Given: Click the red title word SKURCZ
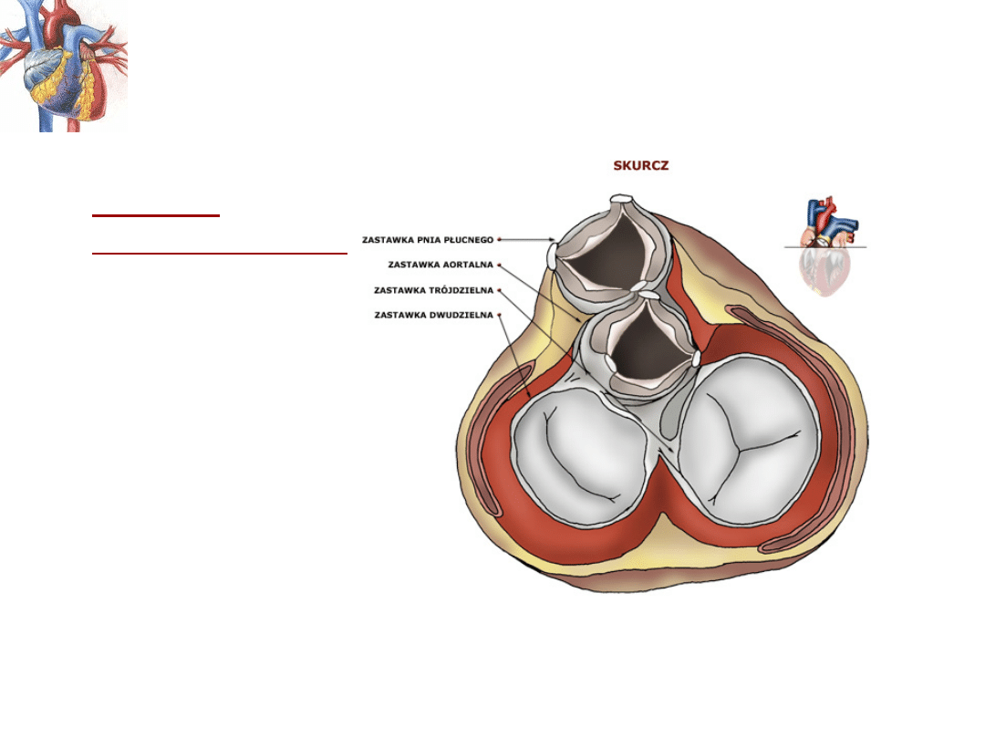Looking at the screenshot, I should point(642,165).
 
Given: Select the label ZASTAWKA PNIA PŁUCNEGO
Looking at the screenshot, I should point(428,240).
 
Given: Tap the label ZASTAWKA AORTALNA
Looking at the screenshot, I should point(441,265).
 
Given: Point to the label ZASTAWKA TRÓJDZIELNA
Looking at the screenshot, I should point(433,290).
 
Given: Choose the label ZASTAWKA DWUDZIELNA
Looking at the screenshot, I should point(433,315).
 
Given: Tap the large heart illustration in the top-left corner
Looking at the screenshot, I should point(62,66).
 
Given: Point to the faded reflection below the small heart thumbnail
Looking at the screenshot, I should point(824,271).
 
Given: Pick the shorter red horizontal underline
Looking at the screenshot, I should point(156,215).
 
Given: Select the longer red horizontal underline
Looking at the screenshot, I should point(220,253).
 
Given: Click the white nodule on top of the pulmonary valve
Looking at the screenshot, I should point(623,199).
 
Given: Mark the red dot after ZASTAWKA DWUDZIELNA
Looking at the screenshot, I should point(499,315).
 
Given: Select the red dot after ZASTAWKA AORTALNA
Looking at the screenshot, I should point(499,265).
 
